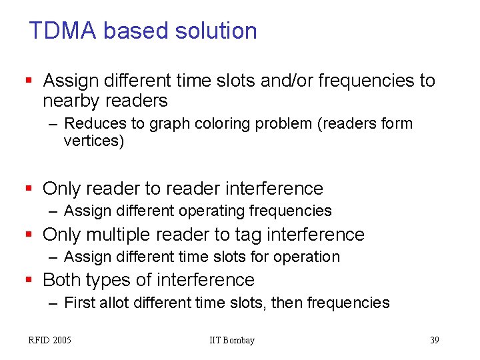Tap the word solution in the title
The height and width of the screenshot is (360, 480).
pos(216,31)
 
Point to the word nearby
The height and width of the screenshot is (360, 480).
pos(72,101)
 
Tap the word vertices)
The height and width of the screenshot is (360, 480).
pos(93,141)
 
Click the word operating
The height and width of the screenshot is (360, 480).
pos(213,211)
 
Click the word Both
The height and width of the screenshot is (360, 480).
pos(63,280)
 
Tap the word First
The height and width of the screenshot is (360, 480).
pos(79,303)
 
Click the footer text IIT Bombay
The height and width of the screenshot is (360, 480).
pos(232,341)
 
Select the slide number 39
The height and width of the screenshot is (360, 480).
pos(435,341)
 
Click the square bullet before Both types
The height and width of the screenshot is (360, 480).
pos(28,280)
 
